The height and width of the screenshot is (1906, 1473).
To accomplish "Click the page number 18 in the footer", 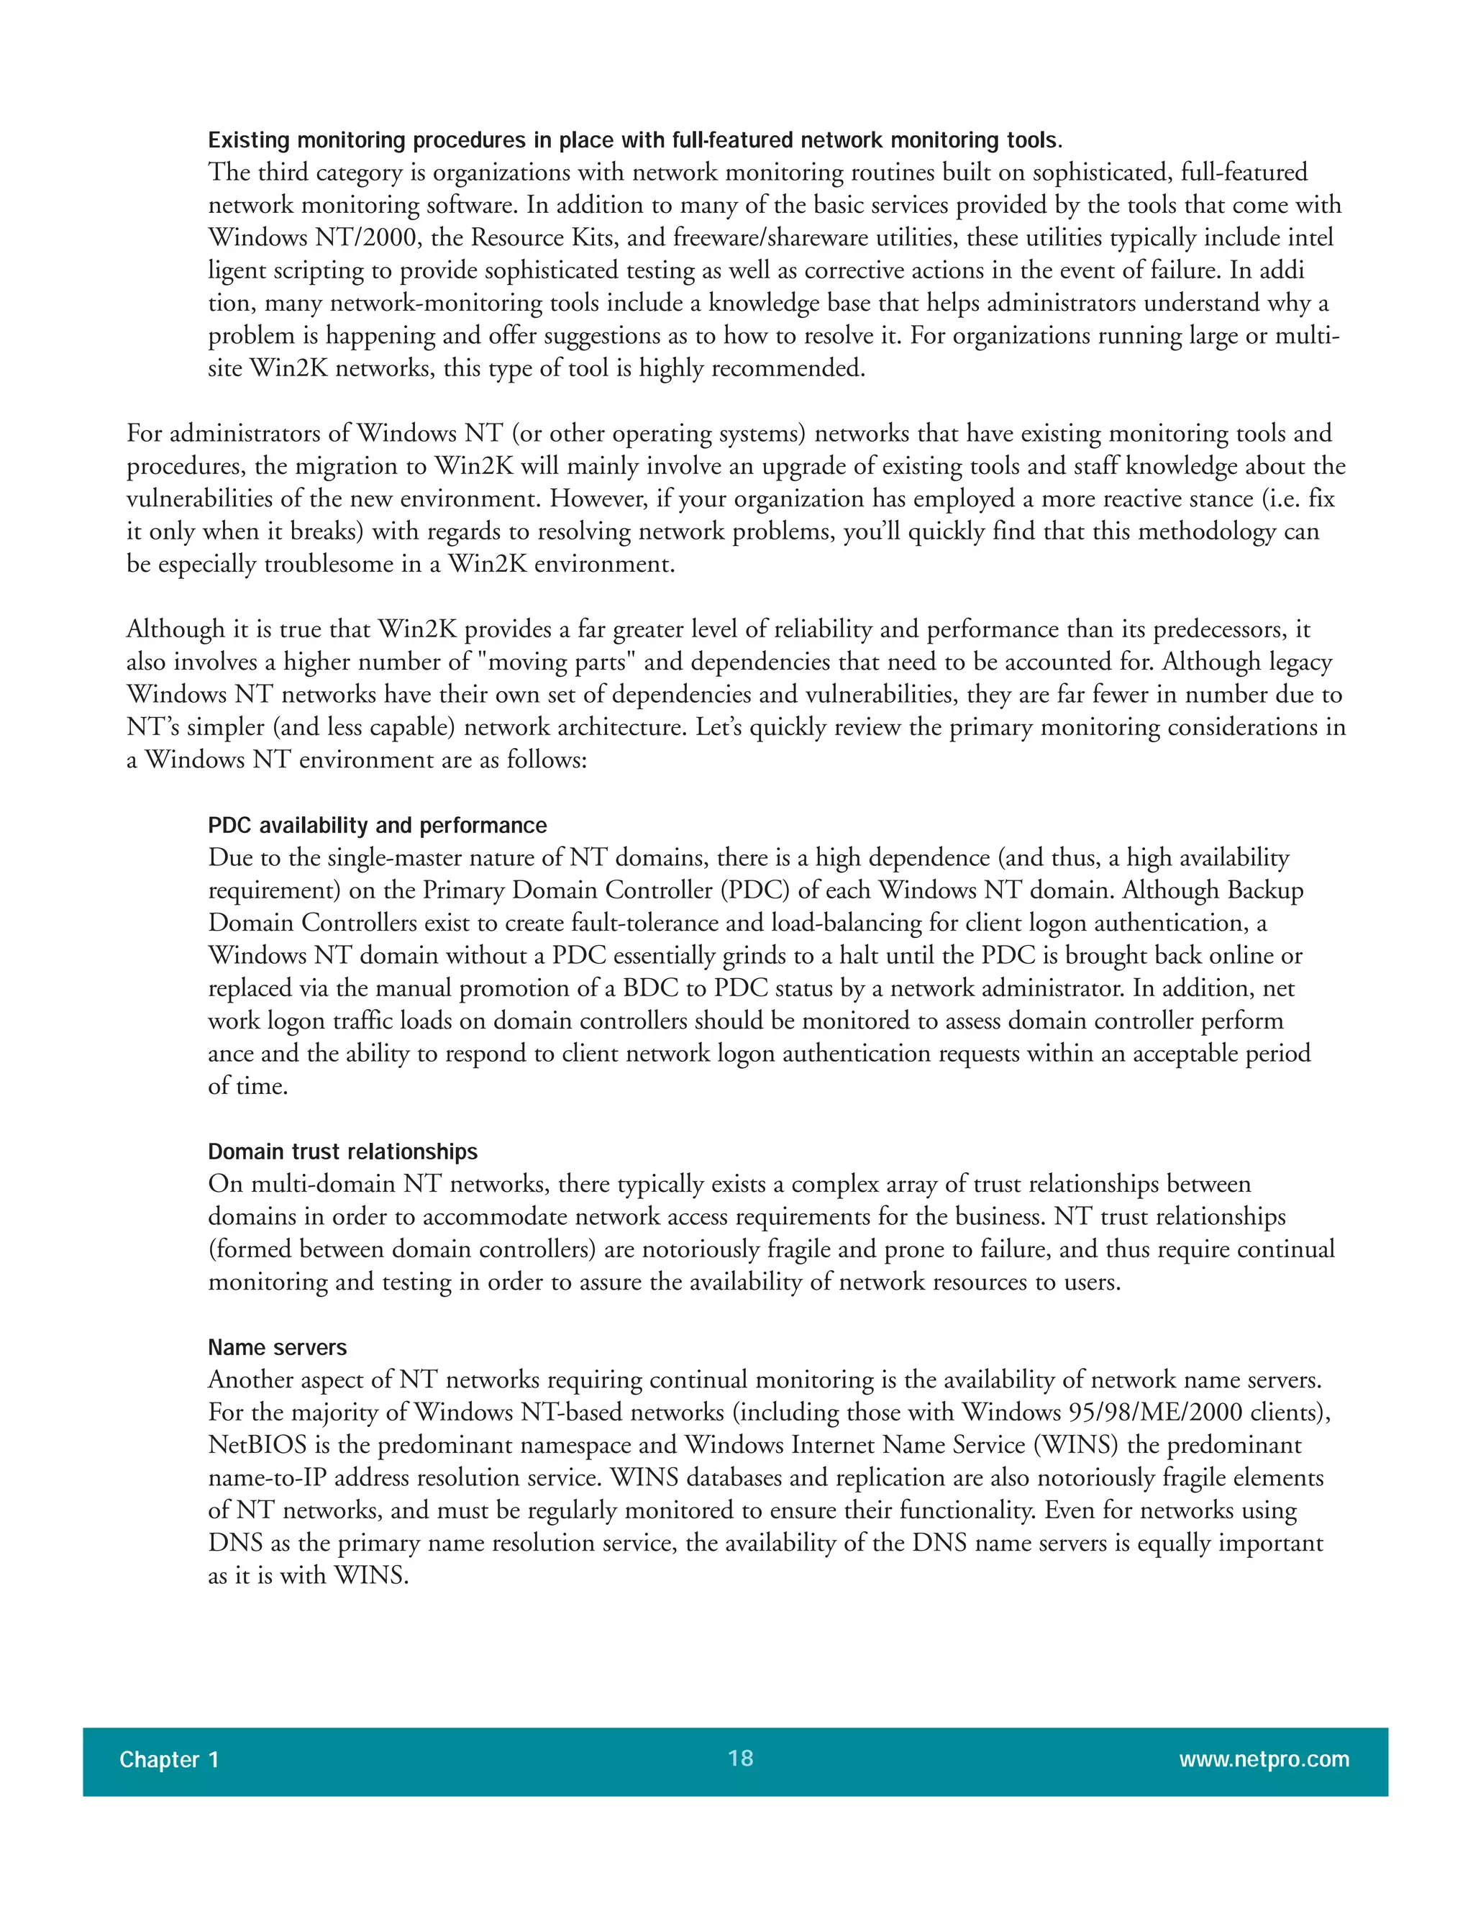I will point(740,1758).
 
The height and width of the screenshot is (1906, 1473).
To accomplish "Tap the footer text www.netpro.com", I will point(1264,1759).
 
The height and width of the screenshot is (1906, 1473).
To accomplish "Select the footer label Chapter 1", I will point(168,1759).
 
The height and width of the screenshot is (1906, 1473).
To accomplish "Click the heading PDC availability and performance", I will point(377,826).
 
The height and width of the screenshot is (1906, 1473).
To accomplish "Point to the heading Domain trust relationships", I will point(342,1152).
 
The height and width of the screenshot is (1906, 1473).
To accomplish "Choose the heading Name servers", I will point(277,1347).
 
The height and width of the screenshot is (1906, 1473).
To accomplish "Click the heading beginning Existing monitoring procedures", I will point(634,140).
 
